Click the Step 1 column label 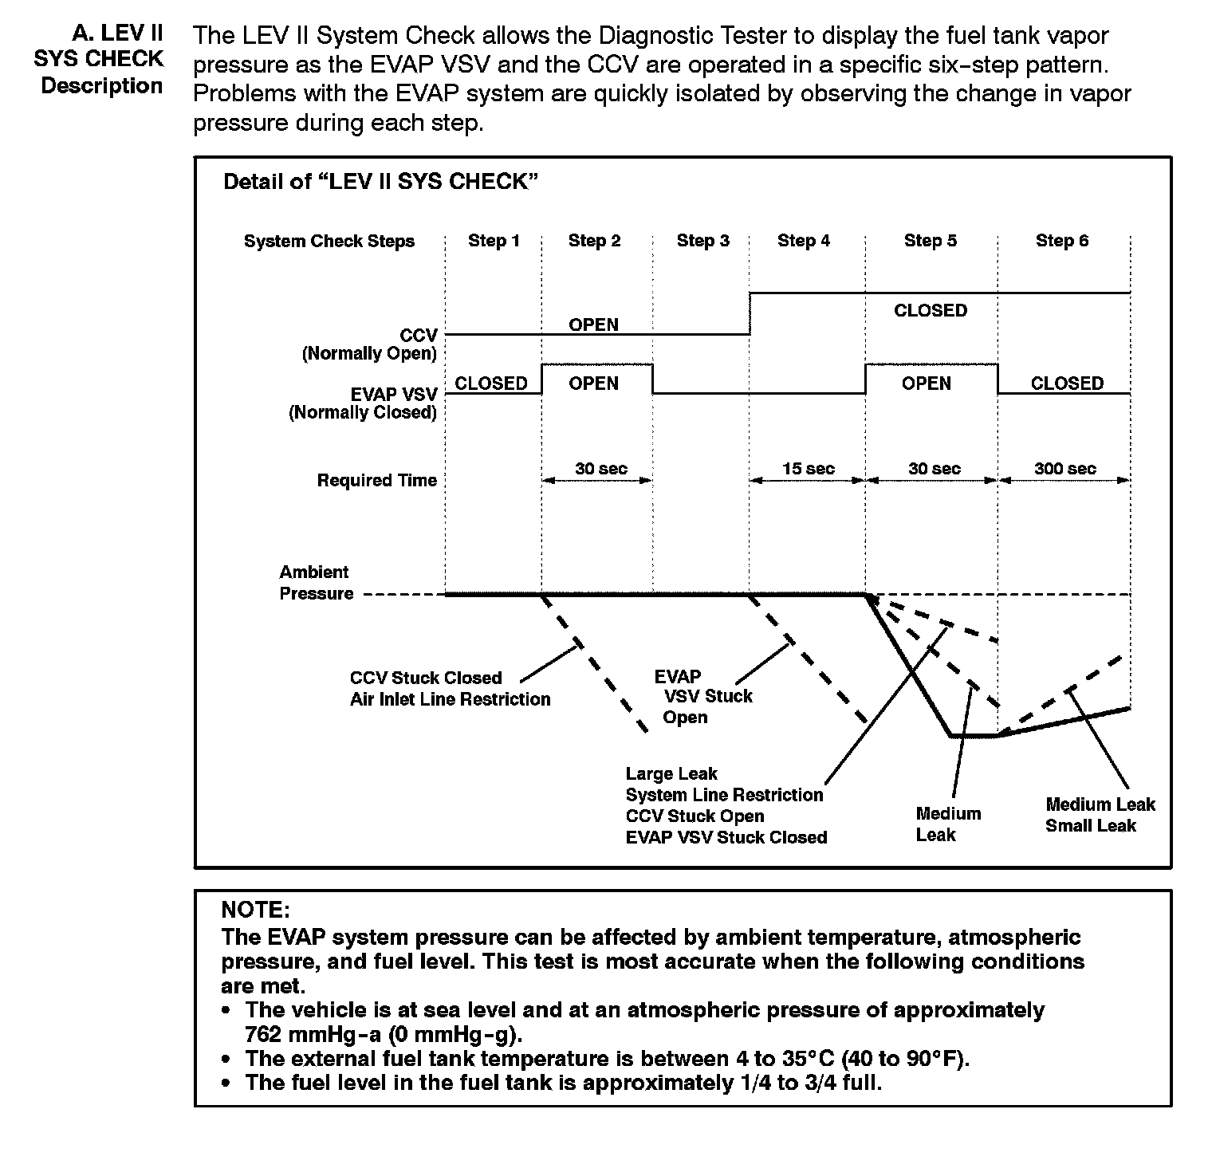tap(494, 241)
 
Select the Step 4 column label tap(803, 241)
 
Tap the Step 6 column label tap(1061, 241)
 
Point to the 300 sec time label tap(1064, 469)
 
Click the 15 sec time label tap(808, 469)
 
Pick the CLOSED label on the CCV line tap(930, 310)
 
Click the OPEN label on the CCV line tap(593, 324)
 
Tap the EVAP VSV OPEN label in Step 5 tap(926, 383)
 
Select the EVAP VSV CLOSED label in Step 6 tap(1067, 383)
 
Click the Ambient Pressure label tap(316, 583)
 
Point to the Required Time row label tap(376, 480)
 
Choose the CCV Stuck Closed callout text tap(426, 678)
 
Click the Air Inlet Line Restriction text tap(450, 699)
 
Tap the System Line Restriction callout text tap(724, 795)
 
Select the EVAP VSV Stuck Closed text tap(726, 837)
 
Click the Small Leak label tap(1090, 825)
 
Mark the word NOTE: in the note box tap(255, 910)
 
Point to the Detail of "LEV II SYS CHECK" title tap(380, 182)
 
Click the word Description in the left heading tap(102, 86)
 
